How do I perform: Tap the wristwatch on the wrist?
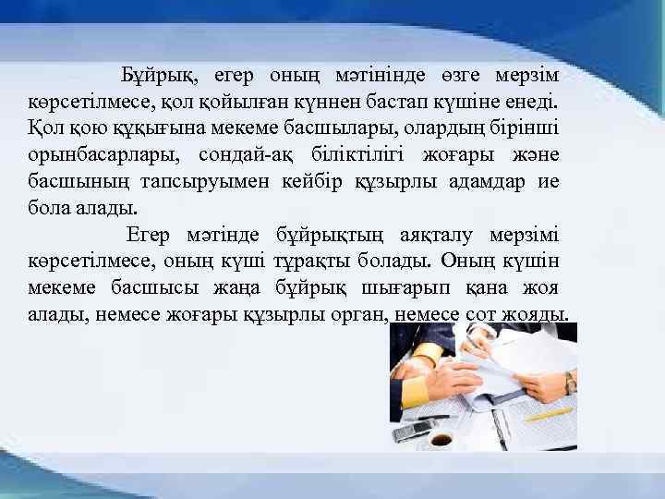tap(571, 382)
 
